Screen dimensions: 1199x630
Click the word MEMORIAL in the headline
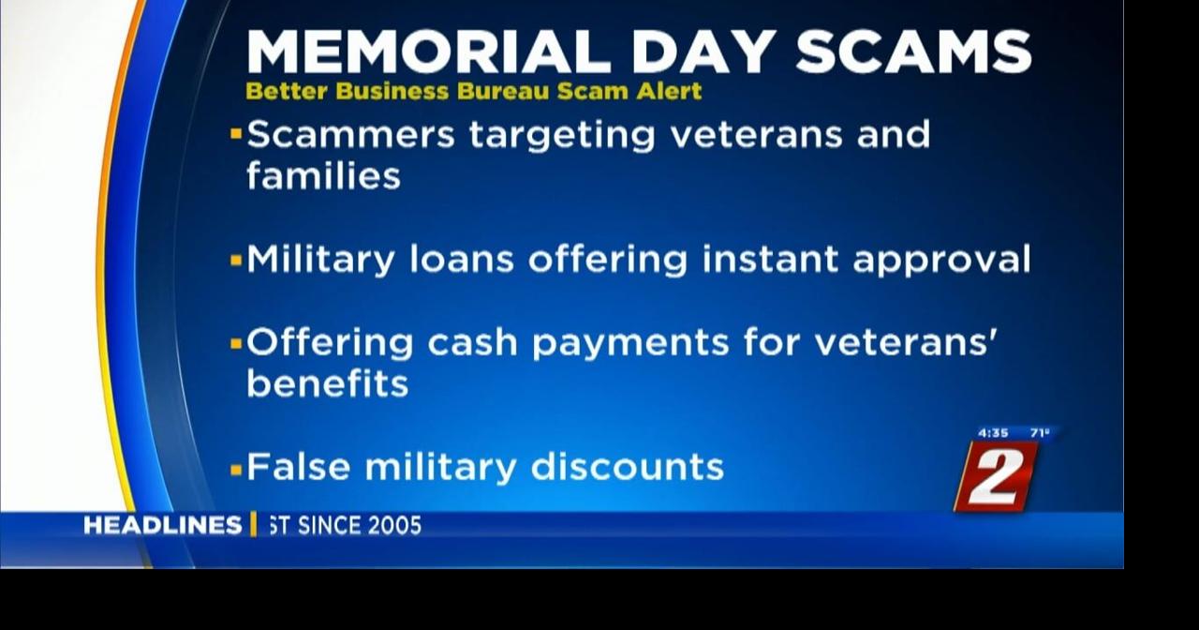pos(429,52)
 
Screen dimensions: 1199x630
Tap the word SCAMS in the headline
pos(913,52)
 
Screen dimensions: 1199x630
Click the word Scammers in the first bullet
pos(350,134)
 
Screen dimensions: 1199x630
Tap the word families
pos(323,175)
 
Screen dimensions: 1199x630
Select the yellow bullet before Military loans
pos(236,261)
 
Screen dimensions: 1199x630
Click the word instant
pos(770,260)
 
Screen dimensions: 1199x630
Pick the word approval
pos(941,261)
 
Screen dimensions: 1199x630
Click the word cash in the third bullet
pos(473,342)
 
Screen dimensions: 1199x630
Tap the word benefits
pos(328,383)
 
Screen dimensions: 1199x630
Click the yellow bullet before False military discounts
pos(236,470)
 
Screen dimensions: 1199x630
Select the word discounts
pos(628,467)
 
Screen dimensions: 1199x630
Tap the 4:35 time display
pos(993,433)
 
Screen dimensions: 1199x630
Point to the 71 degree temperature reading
pos(1040,433)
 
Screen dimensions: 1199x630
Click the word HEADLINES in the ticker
pos(163,526)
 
